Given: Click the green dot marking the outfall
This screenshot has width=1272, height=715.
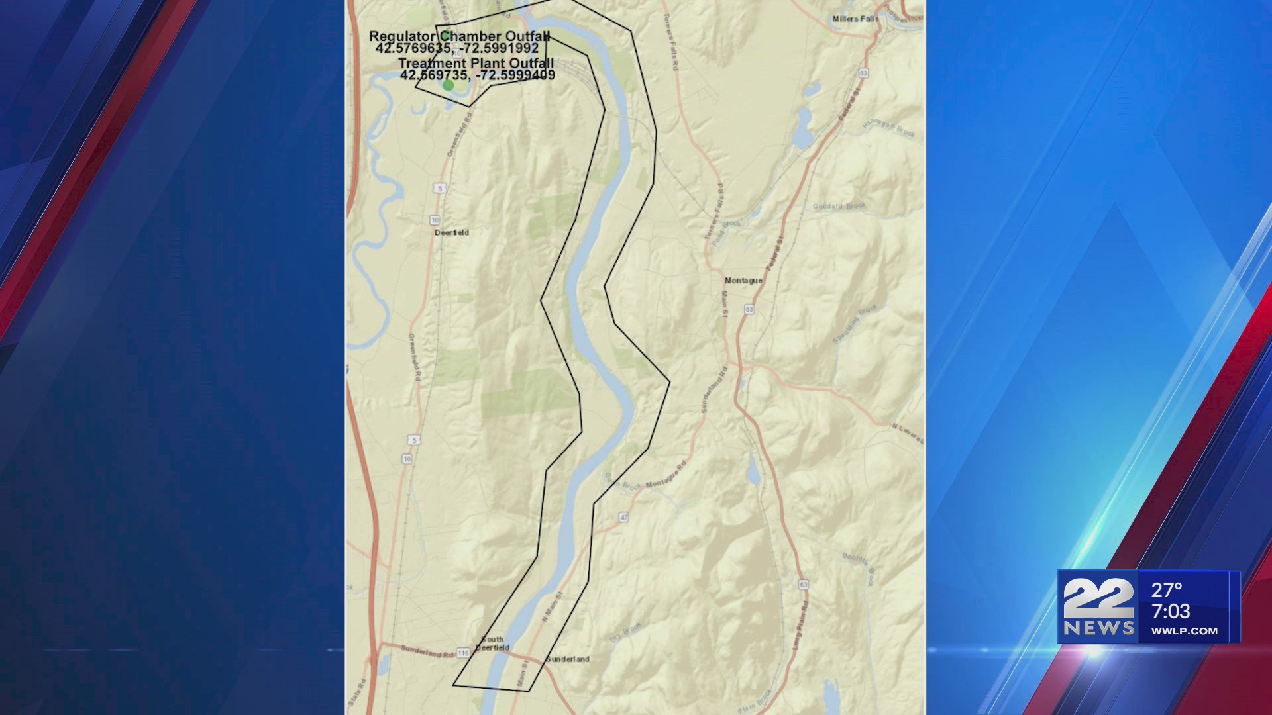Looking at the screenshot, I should pyautogui.click(x=449, y=85).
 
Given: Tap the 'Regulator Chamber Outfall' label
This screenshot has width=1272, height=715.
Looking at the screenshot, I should pyautogui.click(x=459, y=36).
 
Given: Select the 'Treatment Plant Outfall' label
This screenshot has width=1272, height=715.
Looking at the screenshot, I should pyautogui.click(x=476, y=64).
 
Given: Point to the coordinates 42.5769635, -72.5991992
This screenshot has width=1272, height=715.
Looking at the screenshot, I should pyautogui.click(x=457, y=48).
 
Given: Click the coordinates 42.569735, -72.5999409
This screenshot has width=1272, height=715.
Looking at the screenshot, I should pyautogui.click(x=477, y=75).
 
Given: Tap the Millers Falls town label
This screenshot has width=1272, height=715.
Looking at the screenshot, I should pyautogui.click(x=855, y=19).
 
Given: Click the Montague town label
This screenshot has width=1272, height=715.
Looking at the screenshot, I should pyautogui.click(x=743, y=281).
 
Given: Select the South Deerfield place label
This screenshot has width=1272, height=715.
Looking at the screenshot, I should pyautogui.click(x=492, y=643).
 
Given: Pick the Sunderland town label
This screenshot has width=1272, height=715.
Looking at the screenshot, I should pyautogui.click(x=568, y=659).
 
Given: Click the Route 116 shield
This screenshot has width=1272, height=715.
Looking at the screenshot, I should pyautogui.click(x=462, y=653).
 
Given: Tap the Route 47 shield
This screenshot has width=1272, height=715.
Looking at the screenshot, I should pyautogui.click(x=623, y=517).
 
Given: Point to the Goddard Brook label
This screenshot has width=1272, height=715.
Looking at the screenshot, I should pyautogui.click(x=839, y=206).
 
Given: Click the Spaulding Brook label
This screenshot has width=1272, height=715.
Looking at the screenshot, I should pyautogui.click(x=855, y=324).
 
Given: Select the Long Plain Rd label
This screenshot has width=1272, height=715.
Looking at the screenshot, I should pyautogui.click(x=800, y=625).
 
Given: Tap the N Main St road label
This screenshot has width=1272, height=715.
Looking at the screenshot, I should pyautogui.click(x=551, y=607).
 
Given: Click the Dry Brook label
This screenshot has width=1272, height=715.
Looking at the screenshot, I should pyautogui.click(x=625, y=632).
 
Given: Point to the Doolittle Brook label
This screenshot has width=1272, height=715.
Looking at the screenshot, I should pyautogui.click(x=859, y=568).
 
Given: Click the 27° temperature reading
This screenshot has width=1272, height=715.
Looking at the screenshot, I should pyautogui.click(x=1167, y=590).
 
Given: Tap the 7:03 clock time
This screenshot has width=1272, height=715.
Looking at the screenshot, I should pyautogui.click(x=1170, y=611).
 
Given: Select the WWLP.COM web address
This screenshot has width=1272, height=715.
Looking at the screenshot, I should pyautogui.click(x=1184, y=631).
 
